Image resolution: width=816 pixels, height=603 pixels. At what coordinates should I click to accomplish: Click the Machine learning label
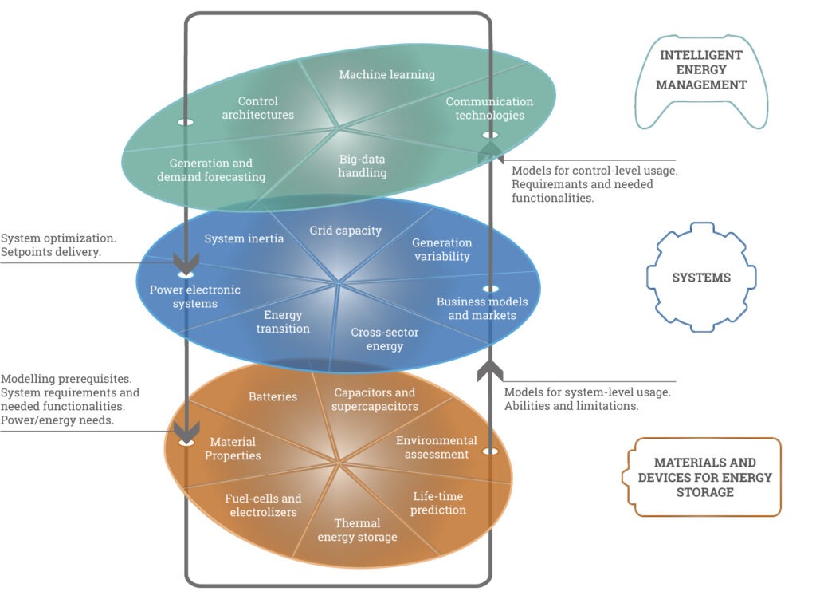click(387, 75)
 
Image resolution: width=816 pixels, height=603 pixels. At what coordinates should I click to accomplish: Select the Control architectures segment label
click(258, 108)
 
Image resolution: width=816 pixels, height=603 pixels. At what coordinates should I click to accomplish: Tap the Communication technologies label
click(489, 108)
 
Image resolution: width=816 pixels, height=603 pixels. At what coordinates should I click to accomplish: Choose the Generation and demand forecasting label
click(211, 170)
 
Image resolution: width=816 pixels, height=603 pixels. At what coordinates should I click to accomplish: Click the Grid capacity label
click(346, 231)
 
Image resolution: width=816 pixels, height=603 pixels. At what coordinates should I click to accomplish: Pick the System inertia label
click(244, 238)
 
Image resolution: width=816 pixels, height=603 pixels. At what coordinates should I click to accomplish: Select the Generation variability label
click(441, 249)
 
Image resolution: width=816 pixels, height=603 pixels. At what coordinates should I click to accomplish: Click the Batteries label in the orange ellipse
click(273, 396)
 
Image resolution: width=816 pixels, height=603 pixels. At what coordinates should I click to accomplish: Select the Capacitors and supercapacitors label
click(375, 399)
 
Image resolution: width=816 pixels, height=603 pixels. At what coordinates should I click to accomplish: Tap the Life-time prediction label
click(438, 503)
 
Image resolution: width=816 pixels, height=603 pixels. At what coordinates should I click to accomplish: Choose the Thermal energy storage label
click(357, 530)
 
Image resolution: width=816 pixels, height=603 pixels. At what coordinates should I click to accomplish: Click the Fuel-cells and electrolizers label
click(263, 506)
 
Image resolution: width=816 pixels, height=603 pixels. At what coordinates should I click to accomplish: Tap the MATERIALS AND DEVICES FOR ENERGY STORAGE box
click(704, 477)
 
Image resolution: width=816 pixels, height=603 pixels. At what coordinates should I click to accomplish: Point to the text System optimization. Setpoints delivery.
click(58, 246)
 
